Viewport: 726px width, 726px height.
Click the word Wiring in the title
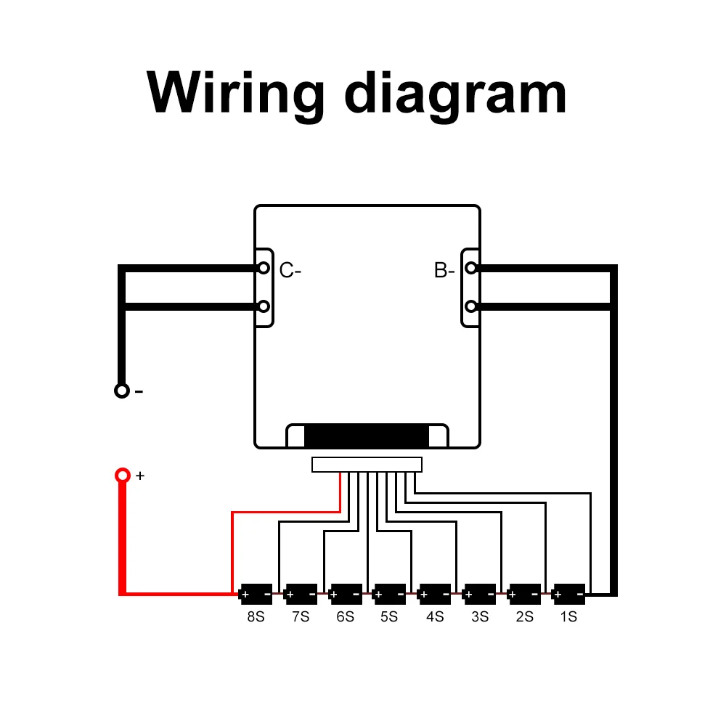click(236, 93)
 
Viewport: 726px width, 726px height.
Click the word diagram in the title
click(456, 93)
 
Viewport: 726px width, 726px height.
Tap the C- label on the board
click(290, 271)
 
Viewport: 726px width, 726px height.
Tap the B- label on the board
click(444, 271)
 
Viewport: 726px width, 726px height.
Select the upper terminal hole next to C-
click(264, 268)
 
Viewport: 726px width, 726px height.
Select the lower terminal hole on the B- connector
click(471, 306)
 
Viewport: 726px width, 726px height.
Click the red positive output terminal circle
click(123, 476)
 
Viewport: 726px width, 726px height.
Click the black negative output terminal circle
click(122, 391)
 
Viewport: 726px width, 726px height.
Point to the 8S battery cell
click(256, 595)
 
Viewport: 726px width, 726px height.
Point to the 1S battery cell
click(569, 595)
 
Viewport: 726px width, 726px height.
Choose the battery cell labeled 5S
click(389, 595)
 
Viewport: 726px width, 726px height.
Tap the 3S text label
click(479, 617)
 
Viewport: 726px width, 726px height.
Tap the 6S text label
click(345, 617)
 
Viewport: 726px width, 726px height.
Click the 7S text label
click(301, 617)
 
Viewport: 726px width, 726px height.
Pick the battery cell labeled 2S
click(524, 595)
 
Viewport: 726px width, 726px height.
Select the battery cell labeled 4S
click(435, 595)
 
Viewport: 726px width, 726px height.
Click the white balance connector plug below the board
click(367, 465)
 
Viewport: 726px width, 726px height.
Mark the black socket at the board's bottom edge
click(367, 436)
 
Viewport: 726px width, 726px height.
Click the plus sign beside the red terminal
click(141, 476)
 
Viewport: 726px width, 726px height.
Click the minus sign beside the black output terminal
click(139, 391)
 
